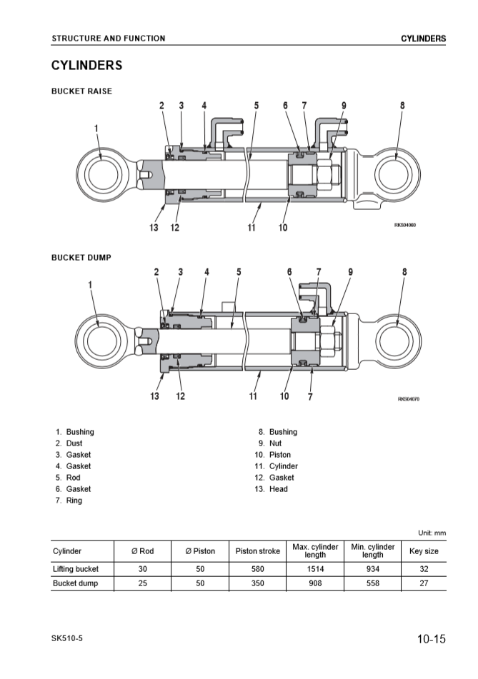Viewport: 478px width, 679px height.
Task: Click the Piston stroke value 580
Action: coord(258,569)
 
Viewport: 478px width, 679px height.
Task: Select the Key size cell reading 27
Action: coord(424,583)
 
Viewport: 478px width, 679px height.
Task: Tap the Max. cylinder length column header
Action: coord(315,550)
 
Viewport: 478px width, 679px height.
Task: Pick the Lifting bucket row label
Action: coord(76,569)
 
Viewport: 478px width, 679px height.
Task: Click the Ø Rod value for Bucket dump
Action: coord(143,583)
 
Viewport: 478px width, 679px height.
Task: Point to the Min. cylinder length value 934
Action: coord(372,569)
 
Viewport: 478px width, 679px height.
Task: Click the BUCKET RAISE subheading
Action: coord(81,91)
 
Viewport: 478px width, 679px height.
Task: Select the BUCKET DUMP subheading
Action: coord(81,257)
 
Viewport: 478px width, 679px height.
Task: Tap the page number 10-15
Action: coord(432,639)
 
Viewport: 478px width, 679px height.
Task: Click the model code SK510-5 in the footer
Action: coord(67,638)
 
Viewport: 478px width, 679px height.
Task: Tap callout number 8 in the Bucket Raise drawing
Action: coord(402,106)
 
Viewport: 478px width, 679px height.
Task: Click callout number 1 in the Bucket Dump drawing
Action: coord(90,283)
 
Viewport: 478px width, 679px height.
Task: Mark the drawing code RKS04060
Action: coord(404,225)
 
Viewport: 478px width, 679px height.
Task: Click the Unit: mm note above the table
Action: coord(432,533)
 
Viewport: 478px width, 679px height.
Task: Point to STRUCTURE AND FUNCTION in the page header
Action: coord(108,39)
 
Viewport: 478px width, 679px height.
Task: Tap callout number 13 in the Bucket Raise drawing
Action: coord(154,228)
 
